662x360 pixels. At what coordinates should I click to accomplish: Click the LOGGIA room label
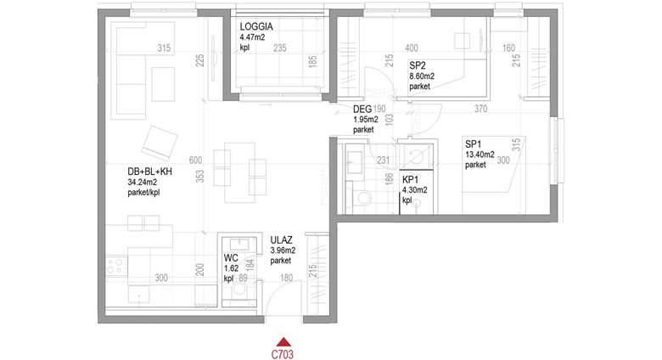tap(256, 26)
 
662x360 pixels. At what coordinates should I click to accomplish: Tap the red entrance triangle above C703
tap(284, 342)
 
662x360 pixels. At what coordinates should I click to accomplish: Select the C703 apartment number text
tap(283, 355)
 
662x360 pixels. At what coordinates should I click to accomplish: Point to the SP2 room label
tap(417, 65)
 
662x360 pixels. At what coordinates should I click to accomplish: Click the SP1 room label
tap(474, 144)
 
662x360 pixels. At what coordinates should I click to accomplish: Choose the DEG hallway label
tap(362, 110)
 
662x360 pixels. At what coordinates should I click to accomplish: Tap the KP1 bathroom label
tap(410, 180)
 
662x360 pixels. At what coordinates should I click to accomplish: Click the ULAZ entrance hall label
tap(282, 240)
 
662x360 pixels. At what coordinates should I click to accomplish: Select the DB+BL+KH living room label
tap(150, 172)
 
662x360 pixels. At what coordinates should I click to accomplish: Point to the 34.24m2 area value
tap(143, 183)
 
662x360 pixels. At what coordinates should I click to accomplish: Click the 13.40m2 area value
tap(480, 155)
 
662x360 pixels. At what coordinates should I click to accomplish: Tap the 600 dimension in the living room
tap(195, 160)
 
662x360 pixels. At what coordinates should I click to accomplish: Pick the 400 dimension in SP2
tap(412, 48)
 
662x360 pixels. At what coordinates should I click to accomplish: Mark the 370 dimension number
tap(480, 109)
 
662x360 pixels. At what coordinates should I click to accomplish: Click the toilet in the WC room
tap(240, 290)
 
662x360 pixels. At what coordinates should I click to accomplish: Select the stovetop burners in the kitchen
tap(115, 267)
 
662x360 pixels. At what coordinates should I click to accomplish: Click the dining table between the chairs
tap(240, 172)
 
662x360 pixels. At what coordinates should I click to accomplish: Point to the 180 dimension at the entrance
tap(286, 278)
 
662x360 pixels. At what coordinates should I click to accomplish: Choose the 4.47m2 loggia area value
tap(252, 37)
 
